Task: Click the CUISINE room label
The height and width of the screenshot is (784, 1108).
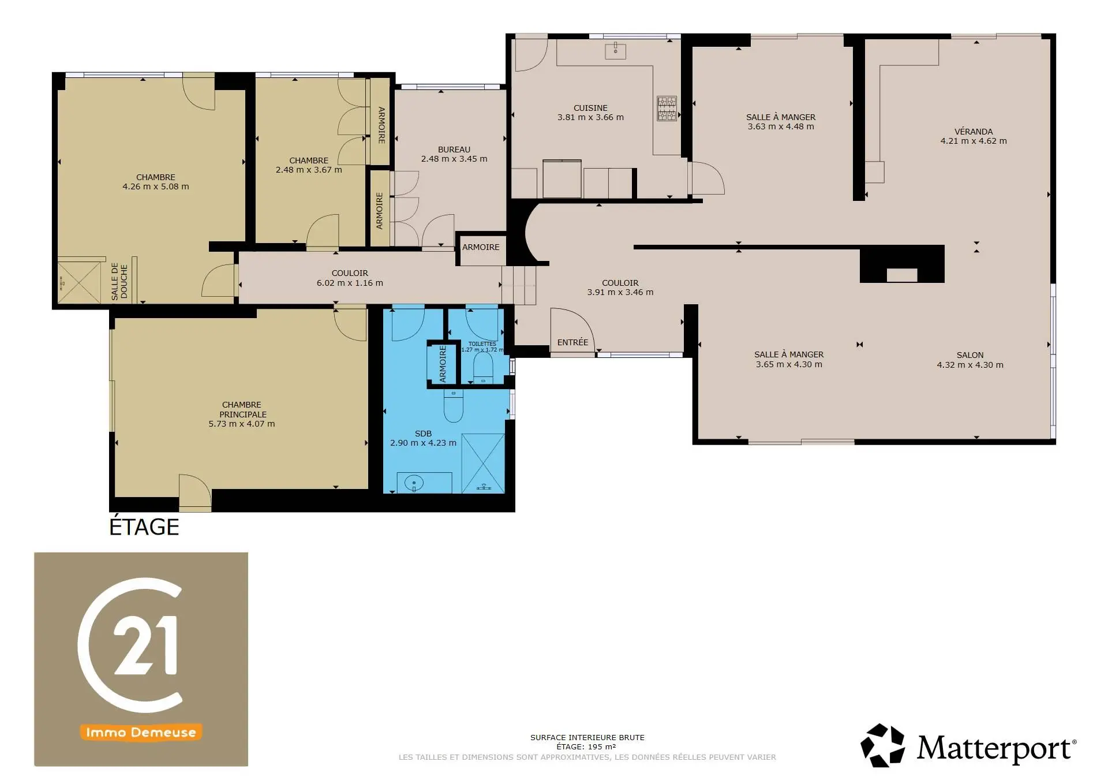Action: tap(590, 108)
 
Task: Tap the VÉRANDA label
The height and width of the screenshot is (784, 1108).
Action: tap(974, 132)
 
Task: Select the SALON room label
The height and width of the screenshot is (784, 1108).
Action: tap(970, 355)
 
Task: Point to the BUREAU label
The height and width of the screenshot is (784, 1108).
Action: tap(454, 150)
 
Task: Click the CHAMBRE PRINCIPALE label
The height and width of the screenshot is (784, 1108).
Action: tap(242, 409)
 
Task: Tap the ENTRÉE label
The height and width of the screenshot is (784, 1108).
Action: tap(572, 342)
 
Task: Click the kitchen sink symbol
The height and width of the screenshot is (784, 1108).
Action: tap(615, 50)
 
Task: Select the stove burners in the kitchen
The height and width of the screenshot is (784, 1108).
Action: tap(667, 109)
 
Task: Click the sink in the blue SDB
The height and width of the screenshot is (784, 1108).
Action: tap(414, 483)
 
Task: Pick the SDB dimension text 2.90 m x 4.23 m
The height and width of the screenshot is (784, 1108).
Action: tap(423, 443)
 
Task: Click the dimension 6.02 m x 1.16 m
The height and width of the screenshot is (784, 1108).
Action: tap(350, 283)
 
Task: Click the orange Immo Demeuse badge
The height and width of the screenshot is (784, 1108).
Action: tap(141, 732)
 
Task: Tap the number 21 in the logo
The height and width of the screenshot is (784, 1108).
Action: tap(145, 645)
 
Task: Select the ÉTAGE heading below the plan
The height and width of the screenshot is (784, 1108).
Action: tap(144, 527)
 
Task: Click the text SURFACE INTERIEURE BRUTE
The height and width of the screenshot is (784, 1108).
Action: tap(587, 737)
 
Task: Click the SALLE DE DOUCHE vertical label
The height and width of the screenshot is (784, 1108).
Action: tap(119, 282)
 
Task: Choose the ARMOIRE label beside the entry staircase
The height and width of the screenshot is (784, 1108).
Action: tap(481, 247)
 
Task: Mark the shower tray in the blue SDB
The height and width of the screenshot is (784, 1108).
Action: tap(484, 464)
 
